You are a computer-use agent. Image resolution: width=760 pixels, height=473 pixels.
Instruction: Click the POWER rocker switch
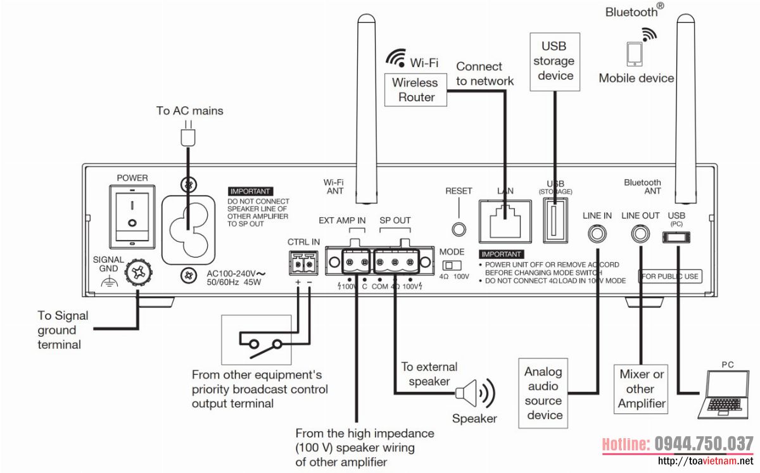(132, 215)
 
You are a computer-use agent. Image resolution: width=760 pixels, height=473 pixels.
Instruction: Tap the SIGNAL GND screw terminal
(136, 272)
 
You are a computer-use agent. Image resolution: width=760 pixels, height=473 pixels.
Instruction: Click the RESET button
(459, 228)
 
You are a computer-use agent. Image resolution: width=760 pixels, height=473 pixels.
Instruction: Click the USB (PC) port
(676, 237)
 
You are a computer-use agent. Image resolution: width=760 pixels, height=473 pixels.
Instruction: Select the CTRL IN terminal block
(303, 261)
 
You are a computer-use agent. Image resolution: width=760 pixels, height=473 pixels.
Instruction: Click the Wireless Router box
(415, 90)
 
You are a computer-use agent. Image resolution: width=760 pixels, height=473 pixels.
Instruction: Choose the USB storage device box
(554, 61)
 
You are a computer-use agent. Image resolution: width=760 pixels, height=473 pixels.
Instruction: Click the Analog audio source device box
(543, 393)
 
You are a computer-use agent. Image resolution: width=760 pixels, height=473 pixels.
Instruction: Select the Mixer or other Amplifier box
(641, 389)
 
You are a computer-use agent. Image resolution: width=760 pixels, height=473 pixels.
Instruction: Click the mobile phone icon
(634, 54)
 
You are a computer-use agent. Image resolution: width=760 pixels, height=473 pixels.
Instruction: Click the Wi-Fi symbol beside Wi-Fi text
(396, 59)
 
